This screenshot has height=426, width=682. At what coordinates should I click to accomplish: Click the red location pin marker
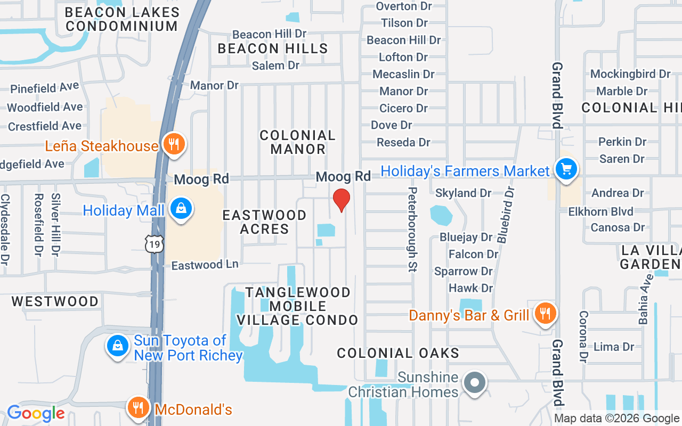341,200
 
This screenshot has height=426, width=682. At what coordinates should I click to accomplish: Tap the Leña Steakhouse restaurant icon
173,144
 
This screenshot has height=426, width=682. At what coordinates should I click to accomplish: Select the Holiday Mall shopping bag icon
181,208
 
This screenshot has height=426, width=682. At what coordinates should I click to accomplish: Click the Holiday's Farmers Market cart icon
566,169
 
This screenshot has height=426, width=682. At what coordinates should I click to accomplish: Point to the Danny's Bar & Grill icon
545,313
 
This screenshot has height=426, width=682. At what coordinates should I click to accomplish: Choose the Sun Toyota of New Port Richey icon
117,346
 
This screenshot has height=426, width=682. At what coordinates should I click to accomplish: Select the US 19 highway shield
153,244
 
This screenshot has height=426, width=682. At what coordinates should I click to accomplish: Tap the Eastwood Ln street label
205,265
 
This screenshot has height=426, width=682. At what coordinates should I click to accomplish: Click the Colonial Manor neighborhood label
298,142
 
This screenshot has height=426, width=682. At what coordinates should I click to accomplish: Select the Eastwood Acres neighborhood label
264,222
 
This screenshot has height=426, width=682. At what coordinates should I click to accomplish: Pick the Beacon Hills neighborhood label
273,48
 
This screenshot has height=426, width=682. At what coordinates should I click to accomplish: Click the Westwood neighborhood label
55,301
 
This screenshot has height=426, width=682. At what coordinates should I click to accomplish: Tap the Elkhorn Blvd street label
600,211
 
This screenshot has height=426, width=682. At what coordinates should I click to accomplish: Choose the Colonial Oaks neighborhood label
398,353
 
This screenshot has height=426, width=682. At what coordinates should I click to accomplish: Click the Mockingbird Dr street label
630,74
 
